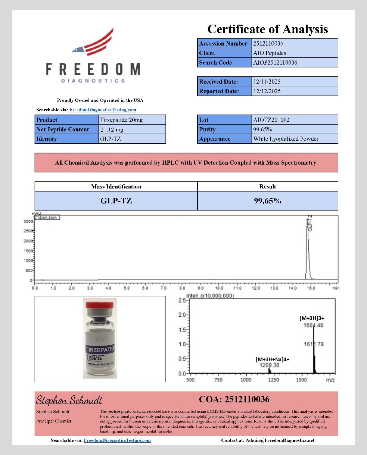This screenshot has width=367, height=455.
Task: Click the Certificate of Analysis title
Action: tap(267, 29)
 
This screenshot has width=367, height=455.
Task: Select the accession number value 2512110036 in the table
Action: tap(268, 43)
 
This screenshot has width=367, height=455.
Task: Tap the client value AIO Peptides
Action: tap(270, 53)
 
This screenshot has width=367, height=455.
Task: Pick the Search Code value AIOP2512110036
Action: tap(275, 63)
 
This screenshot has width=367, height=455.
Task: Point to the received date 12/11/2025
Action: tap(267, 82)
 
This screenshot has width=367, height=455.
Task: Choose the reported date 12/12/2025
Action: tap(267, 91)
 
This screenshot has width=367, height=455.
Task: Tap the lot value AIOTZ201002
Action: tap(271, 120)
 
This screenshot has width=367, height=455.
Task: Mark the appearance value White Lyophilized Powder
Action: tap(286, 139)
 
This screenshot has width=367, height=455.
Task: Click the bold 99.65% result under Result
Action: tap(267, 201)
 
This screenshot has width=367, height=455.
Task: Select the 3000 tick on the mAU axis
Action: tap(28, 221)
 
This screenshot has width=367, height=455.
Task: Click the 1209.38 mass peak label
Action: tap(269, 365)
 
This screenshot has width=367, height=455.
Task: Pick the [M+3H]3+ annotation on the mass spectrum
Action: tap(314, 318)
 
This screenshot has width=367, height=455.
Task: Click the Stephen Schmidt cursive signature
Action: tap(69, 400)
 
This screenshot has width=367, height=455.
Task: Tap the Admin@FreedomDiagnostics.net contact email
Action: tap(280, 440)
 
